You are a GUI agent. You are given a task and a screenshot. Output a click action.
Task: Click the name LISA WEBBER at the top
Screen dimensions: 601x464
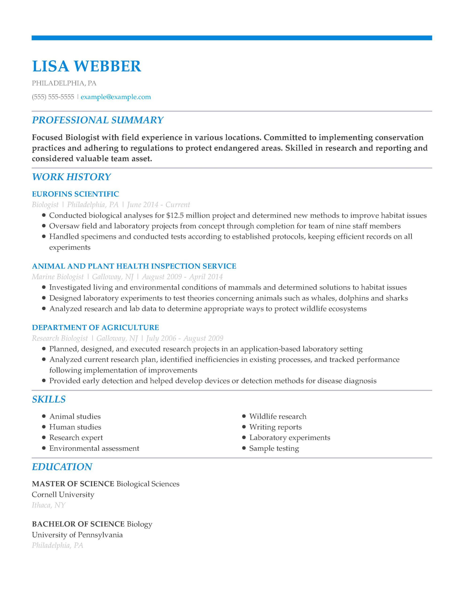click(x=86, y=66)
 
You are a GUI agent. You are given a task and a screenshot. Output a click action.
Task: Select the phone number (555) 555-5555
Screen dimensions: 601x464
click(x=53, y=97)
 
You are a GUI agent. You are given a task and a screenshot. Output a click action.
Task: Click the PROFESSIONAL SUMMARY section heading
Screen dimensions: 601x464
click(x=98, y=120)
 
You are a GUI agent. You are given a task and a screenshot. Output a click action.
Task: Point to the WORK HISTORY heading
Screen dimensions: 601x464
click(x=71, y=177)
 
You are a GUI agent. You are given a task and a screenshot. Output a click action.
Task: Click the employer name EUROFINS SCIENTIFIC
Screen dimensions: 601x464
click(x=75, y=194)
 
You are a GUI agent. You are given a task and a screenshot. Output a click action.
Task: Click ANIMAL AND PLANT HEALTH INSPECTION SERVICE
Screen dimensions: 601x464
click(x=134, y=266)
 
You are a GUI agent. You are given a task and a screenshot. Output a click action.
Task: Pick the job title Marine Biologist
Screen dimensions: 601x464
click(x=58, y=277)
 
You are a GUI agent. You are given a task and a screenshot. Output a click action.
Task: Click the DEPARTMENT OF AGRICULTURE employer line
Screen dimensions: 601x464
click(x=95, y=327)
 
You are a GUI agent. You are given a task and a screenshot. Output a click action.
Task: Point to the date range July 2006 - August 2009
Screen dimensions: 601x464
click(x=185, y=338)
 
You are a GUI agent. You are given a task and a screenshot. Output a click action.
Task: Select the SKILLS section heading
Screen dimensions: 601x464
click(x=49, y=399)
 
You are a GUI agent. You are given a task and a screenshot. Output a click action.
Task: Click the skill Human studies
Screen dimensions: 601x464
click(x=75, y=427)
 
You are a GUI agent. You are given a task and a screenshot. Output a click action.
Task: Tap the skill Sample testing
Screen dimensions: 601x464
click(x=274, y=449)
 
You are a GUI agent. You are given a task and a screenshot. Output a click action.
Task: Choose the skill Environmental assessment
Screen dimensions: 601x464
click(x=94, y=449)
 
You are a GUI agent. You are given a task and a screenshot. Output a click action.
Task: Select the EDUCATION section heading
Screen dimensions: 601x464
click(x=62, y=467)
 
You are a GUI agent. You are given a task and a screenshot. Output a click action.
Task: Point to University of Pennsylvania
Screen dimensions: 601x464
click(x=77, y=535)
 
